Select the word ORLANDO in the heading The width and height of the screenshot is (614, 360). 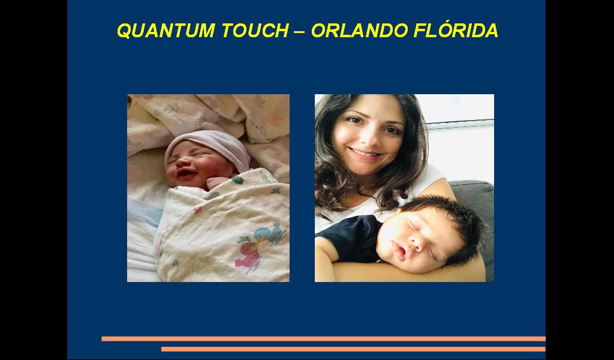tap(360, 31)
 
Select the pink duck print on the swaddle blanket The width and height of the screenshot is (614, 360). tap(248, 255)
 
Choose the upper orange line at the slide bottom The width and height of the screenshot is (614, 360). tap(323, 339)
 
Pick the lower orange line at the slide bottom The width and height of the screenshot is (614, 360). tap(353, 349)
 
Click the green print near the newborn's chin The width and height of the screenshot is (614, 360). tap(237, 180)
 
